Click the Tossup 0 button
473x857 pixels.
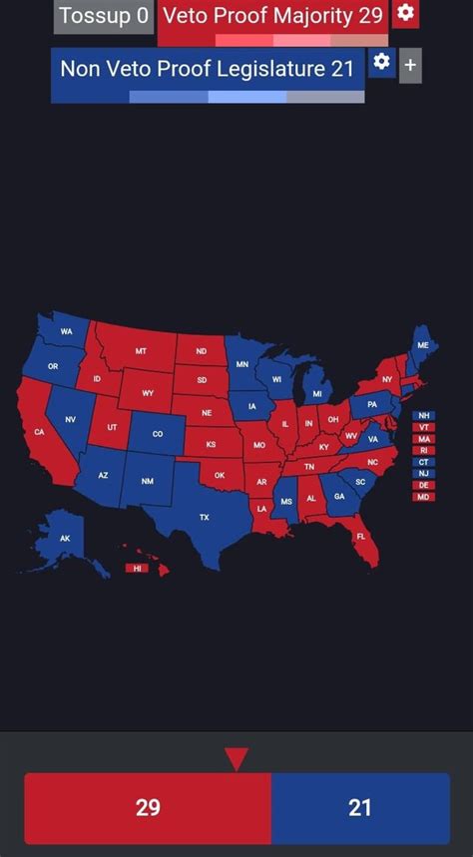(104, 16)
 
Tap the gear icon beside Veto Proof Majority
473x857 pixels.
(404, 13)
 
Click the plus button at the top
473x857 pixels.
(410, 67)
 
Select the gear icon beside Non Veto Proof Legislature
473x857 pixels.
(381, 63)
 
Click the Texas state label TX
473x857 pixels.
(205, 517)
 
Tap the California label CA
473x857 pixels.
(40, 432)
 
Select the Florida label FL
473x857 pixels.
(361, 536)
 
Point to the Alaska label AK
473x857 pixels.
(65, 538)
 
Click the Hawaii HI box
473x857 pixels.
(136, 568)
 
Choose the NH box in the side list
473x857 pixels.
(424, 415)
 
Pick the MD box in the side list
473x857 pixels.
(424, 497)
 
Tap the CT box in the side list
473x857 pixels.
(424, 462)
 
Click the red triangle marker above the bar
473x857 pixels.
(236, 759)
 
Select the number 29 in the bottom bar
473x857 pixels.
(148, 808)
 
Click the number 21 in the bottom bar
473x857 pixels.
(359, 808)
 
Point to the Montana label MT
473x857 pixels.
(141, 351)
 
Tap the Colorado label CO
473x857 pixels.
(157, 434)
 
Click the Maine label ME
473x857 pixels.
(422, 345)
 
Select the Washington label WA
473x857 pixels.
(66, 331)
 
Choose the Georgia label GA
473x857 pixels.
(339, 496)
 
